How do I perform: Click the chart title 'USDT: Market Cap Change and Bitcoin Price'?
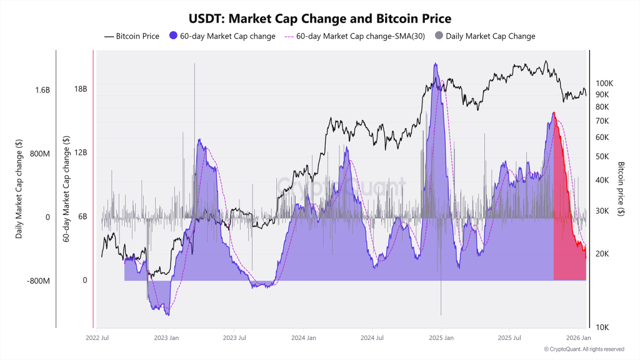click(x=319, y=19)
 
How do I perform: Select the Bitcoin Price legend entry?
click(x=132, y=36)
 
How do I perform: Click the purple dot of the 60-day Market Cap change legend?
click(x=174, y=36)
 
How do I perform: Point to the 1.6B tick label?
click(x=42, y=90)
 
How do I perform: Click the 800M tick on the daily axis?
click(x=39, y=154)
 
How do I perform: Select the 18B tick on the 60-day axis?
click(x=80, y=89)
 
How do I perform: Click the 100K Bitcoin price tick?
click(x=605, y=83)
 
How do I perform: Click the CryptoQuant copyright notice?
click(x=584, y=349)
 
